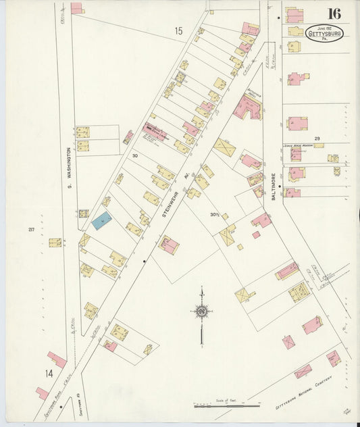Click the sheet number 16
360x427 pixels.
334,14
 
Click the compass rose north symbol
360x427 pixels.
201,311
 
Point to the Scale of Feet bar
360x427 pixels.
227,406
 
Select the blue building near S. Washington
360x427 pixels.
101,220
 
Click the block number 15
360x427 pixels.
178,31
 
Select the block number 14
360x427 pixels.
49,373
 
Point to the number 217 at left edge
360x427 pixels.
31,230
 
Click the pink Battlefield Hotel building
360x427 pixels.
248,107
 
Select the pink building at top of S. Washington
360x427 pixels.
76,8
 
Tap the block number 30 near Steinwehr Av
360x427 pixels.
135,156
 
